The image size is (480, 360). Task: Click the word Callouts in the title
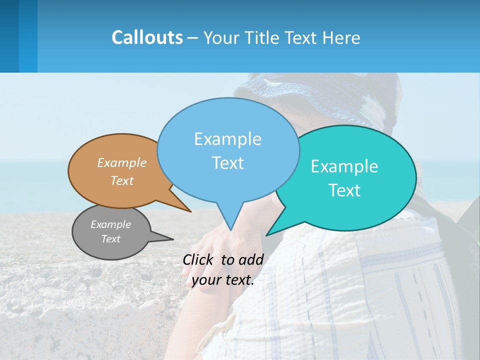tap(147, 37)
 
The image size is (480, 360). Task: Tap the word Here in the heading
tap(341, 37)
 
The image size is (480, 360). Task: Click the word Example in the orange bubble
tap(122, 162)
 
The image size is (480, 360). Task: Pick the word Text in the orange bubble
tap(122, 180)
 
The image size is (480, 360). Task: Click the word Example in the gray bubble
tap(111, 224)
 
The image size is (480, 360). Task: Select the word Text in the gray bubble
tap(111, 239)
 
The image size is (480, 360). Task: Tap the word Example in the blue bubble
tap(228, 139)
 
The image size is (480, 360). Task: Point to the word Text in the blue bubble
tap(228, 163)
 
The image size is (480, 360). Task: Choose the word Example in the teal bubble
tap(344, 166)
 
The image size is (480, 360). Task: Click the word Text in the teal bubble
tap(344, 190)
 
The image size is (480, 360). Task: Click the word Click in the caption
tap(198, 259)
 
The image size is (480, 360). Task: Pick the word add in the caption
tap(251, 259)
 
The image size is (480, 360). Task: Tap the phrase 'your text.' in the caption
tap(223, 280)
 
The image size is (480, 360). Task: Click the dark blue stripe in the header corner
tap(9, 36)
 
